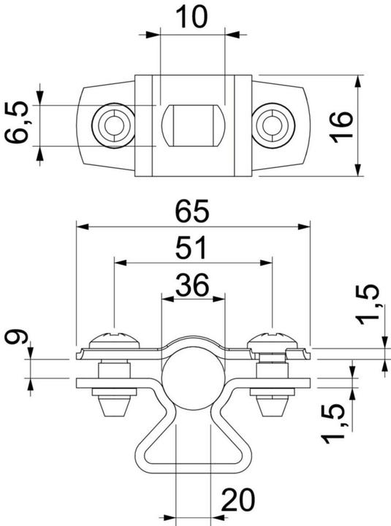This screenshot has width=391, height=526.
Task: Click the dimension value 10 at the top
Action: pos(191,17)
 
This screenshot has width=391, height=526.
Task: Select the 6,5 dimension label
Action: pos(17,122)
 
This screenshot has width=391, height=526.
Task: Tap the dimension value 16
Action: pos(341,127)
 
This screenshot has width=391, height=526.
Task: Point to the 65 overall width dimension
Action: pos(192,211)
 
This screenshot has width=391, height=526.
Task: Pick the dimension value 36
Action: pos(192,285)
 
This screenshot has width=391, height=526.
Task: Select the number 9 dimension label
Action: pos(16,337)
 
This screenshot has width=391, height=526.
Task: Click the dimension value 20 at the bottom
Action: pos(238,500)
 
